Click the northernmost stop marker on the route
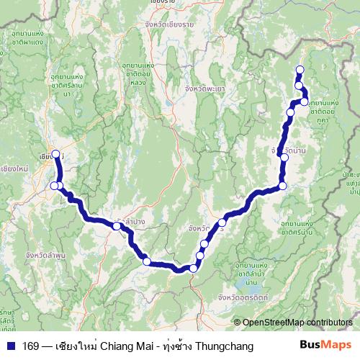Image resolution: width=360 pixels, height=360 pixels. click(x=300, y=70)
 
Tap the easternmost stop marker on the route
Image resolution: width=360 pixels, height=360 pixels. click(x=305, y=102)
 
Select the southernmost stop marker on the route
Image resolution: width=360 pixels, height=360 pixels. click(x=193, y=269)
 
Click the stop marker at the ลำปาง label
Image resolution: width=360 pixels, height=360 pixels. click(x=116, y=227)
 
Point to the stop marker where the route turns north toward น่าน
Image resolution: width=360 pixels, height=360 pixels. click(x=283, y=186)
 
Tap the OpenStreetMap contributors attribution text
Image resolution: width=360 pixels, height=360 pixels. click(x=297, y=323)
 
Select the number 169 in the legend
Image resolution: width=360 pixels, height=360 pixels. click(x=31, y=346)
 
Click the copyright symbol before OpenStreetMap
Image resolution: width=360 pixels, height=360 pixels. click(x=237, y=323)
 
